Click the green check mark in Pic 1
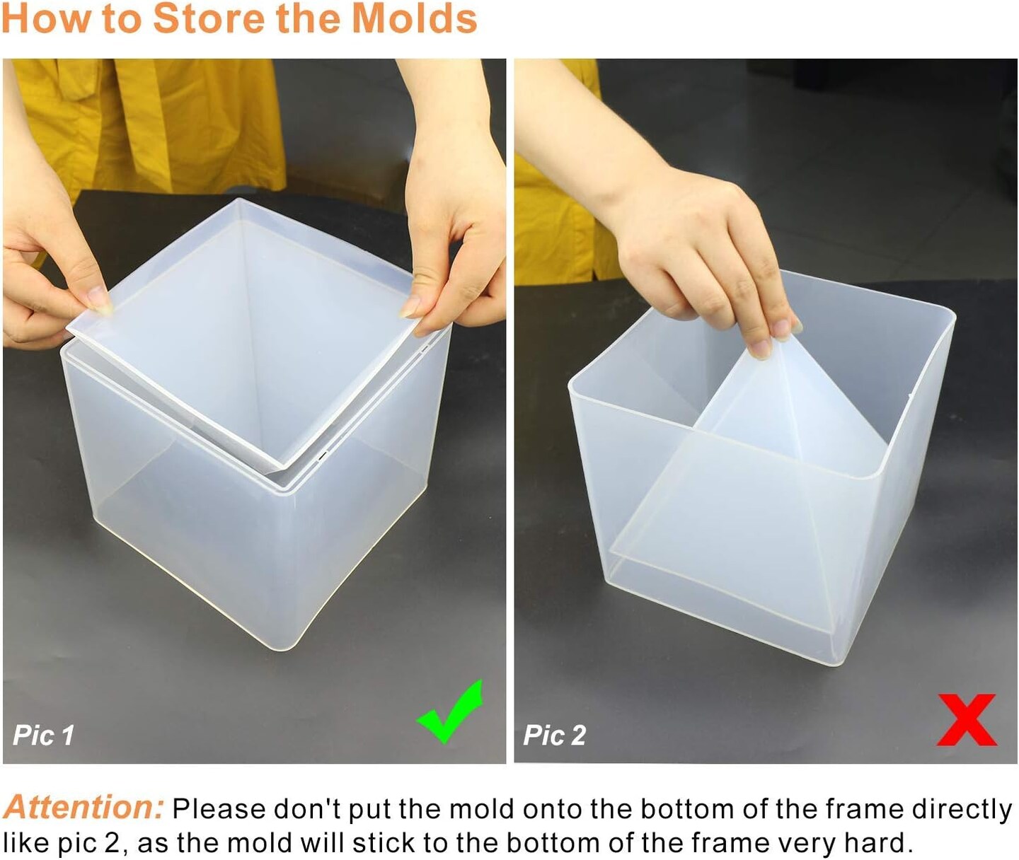(450, 713)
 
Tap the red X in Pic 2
(967, 720)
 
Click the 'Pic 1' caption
(44, 736)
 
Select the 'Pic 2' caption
(555, 736)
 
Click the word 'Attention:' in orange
(84, 807)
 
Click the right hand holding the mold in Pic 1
(453, 233)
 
